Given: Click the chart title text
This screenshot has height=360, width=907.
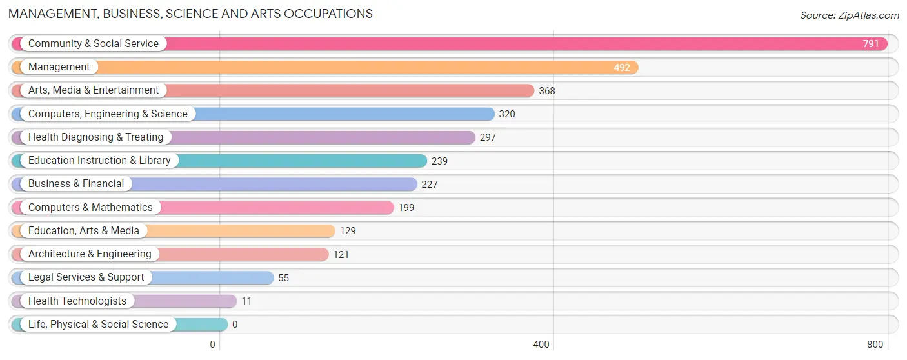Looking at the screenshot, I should coord(190,14).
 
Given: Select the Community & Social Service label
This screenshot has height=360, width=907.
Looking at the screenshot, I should coord(93,44).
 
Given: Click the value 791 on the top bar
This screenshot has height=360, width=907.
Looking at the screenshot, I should coord(871,44).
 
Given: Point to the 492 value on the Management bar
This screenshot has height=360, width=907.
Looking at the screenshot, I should coord(621,67).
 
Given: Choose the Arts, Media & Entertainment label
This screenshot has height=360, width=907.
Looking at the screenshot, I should coord(93,90).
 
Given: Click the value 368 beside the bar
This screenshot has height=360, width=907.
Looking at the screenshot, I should coord(546,91).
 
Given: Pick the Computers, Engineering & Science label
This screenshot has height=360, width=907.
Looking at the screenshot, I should coord(108,114).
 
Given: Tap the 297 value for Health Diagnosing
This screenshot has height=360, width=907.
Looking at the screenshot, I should coord(488,137).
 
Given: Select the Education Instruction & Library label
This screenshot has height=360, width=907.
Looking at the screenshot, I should coord(99,161).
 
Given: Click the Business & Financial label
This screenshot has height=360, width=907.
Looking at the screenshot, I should coord(76,184).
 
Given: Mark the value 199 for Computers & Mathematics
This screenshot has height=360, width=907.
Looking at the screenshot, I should coord(406,208).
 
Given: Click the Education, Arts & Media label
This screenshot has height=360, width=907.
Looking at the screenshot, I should coord(84,231).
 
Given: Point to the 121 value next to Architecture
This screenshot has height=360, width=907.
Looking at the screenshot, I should coord(341,255).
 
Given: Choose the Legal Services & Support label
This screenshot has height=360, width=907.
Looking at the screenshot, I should coord(86,277).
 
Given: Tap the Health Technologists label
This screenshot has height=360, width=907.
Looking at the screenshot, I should coord(77,301).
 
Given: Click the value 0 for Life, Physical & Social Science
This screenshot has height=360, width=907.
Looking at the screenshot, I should coord(235,325).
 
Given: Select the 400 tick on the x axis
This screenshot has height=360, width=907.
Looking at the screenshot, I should coord(541,345).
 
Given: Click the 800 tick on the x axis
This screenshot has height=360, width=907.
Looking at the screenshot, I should coord(875,345).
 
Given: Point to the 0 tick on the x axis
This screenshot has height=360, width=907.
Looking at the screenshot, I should coord(212,345).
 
